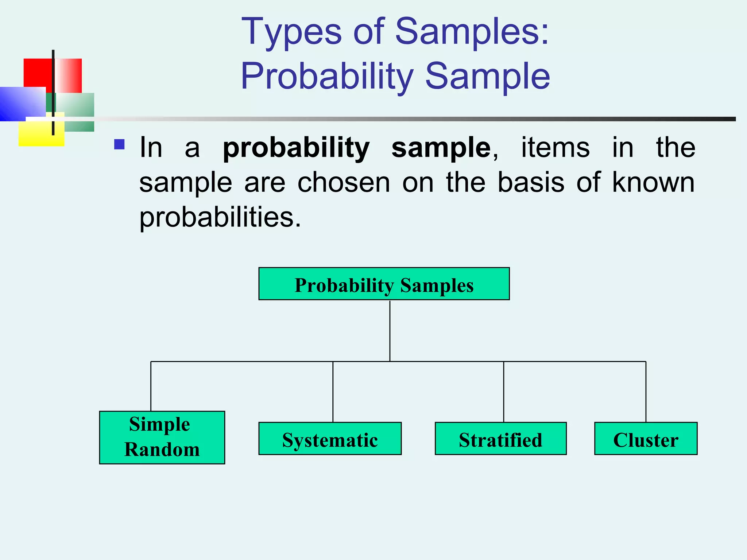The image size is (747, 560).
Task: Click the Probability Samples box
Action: coord(384,284)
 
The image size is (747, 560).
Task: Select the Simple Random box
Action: coord(162,437)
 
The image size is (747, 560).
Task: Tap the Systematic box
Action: coord(330,439)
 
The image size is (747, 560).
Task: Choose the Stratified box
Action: coord(500,439)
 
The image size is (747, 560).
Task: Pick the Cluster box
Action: coord(646,439)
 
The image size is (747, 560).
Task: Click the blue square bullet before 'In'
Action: coord(119,144)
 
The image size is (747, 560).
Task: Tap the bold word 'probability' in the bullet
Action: coord(296,148)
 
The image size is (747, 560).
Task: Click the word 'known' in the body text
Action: coord(653,182)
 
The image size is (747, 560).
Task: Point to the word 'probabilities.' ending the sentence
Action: coord(220,217)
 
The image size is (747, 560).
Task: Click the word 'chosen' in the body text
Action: coord(344,182)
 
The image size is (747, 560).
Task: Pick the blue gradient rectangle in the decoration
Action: coord(22,104)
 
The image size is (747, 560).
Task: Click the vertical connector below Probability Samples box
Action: coord(390,330)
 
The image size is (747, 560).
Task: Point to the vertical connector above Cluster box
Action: coord(646,392)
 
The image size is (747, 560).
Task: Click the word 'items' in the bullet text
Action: coord(555,148)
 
